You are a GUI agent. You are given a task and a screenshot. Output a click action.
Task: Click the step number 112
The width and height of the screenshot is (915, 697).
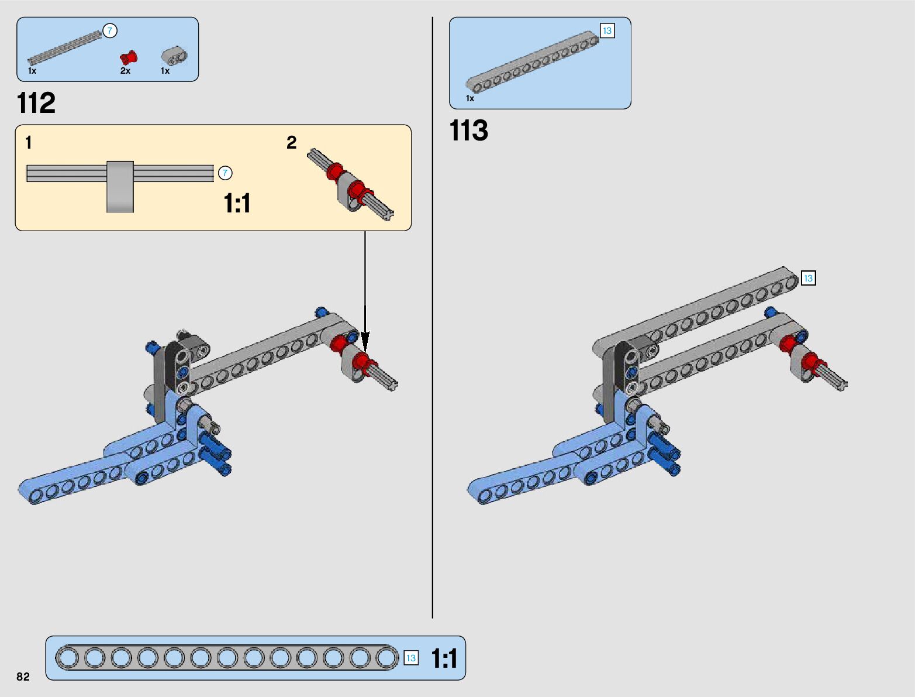point(36,104)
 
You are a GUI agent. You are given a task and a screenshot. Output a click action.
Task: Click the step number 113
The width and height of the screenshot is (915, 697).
point(468,131)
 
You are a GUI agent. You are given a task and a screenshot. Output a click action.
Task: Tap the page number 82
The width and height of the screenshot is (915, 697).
point(23,677)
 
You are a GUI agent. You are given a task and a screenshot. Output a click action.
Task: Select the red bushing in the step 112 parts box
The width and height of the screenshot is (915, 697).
point(128,57)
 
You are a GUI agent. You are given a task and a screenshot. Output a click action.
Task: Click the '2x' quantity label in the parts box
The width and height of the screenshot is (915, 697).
point(125,71)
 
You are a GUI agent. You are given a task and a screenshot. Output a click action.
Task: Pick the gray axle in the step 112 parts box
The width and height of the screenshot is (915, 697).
point(65,47)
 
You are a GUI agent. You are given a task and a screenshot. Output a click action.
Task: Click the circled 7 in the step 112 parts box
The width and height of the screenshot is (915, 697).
point(110,31)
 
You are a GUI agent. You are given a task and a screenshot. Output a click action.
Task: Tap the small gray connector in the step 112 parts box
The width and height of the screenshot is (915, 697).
point(174,56)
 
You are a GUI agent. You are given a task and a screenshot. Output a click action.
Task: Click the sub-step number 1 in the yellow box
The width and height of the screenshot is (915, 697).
point(29,142)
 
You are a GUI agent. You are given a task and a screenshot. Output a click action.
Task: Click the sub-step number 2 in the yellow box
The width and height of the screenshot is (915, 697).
point(291,142)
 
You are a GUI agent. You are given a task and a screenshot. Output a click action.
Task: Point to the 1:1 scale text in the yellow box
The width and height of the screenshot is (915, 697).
point(237,204)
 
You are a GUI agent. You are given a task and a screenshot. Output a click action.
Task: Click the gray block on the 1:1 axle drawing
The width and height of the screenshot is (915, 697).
point(120,186)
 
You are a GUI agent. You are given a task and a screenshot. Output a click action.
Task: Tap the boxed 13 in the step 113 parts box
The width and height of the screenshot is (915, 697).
point(607,31)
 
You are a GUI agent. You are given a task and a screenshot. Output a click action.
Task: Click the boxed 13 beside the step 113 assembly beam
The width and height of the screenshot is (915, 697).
point(808,278)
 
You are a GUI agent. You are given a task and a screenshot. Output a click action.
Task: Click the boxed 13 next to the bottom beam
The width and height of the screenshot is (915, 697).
point(411,658)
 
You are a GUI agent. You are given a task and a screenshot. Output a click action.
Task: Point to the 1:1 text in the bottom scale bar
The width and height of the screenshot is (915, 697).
point(444,658)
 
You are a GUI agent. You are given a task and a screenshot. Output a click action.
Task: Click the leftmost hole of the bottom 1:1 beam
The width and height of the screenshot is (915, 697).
point(68,658)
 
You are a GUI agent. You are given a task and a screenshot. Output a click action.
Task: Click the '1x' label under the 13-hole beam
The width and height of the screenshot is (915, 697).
point(470,98)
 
